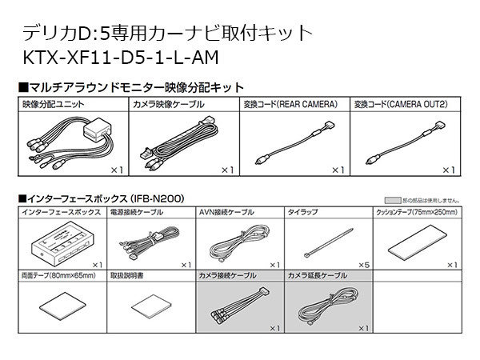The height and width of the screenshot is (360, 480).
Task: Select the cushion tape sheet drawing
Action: click(x=416, y=240)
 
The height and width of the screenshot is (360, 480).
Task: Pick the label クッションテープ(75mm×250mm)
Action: click(x=417, y=213)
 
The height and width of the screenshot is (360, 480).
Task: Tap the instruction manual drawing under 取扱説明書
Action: click(x=150, y=307)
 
